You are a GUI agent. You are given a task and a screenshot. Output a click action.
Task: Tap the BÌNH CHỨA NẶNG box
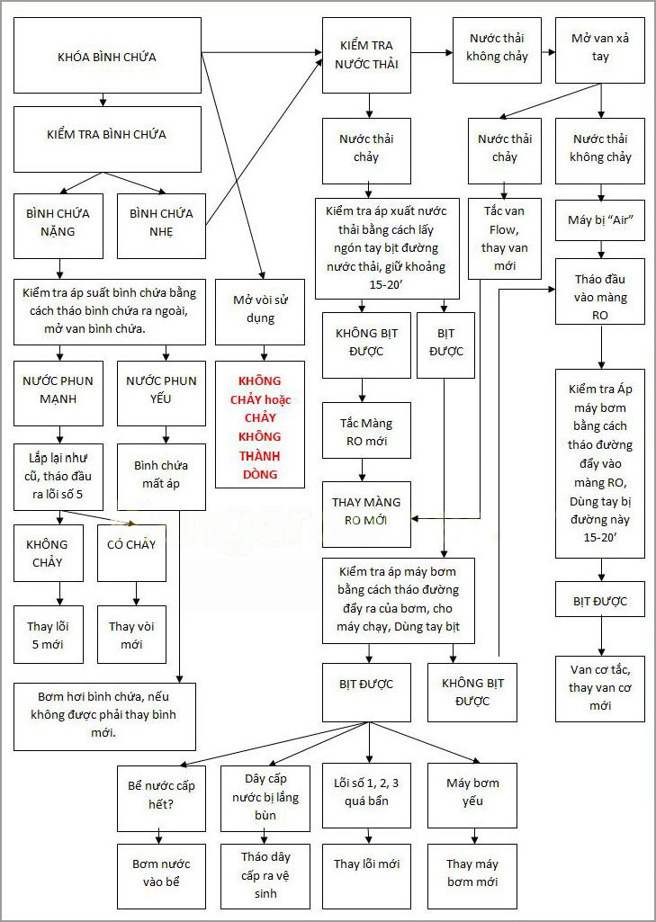point(58,222)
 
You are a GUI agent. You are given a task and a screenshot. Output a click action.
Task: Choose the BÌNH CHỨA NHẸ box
point(163,222)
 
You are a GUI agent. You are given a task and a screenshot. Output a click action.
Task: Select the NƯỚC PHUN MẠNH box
point(58,393)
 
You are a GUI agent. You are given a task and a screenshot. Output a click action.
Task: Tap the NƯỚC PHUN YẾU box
point(162,393)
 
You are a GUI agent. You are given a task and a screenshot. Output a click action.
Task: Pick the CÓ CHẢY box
point(131,553)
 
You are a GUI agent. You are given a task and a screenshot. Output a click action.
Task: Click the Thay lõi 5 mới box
point(58,635)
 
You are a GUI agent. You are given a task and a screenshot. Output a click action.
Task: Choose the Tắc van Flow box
point(505,238)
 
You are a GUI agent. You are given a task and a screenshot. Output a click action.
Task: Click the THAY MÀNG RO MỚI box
point(366,512)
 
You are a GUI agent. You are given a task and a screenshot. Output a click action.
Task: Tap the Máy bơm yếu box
point(472,792)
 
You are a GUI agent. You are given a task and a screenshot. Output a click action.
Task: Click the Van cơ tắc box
point(600,687)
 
